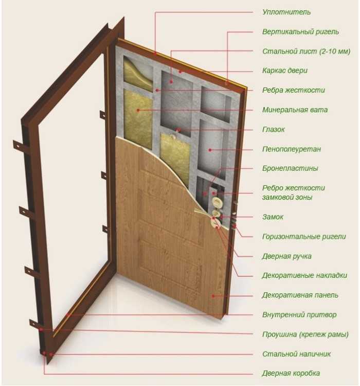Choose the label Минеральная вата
coord(295,110)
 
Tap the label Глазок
coord(273,130)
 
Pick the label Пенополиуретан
coord(291,149)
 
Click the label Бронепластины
coord(290,168)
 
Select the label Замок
coord(273,217)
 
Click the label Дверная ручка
coord(286,256)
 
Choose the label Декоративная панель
coord(300,295)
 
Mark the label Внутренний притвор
coord(299,314)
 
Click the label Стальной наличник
coord(296,354)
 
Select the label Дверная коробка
coord(291,374)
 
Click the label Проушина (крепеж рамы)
coord(305,335)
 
